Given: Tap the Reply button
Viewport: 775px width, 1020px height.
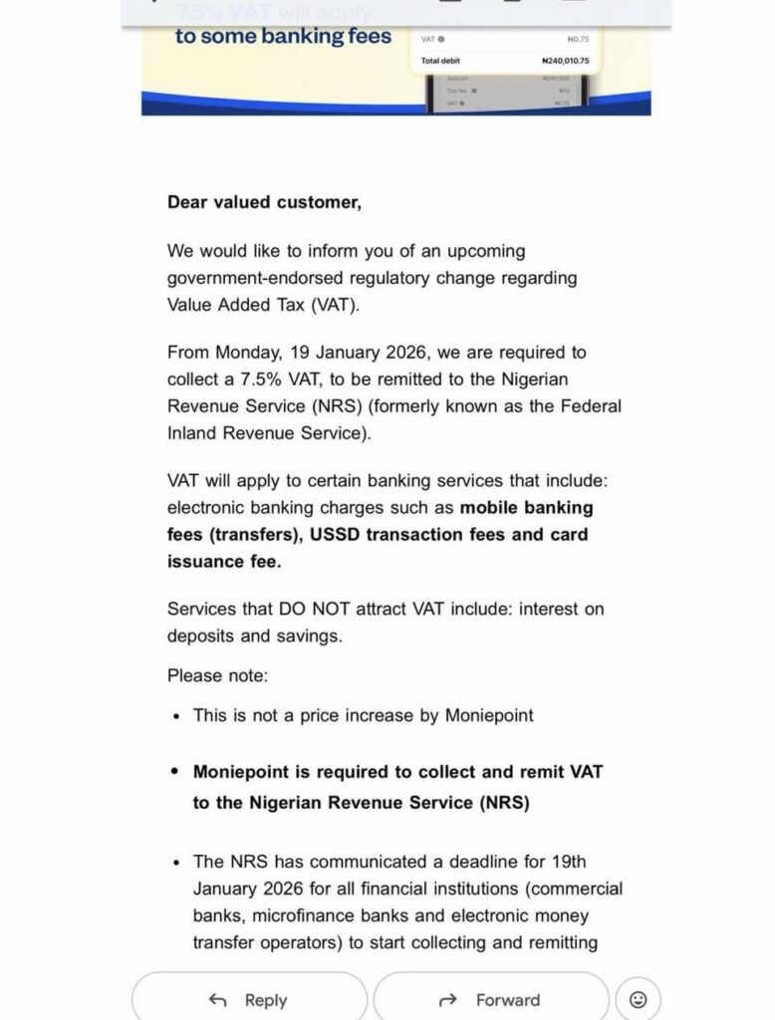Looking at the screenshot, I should (x=249, y=999).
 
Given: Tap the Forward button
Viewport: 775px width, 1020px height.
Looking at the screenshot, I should (x=491, y=999).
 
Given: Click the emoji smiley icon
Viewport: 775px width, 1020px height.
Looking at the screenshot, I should (x=639, y=999).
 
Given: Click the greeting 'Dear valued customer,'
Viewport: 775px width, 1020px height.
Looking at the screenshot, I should (x=264, y=202).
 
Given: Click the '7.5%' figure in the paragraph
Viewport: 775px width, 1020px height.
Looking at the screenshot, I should (x=250, y=380).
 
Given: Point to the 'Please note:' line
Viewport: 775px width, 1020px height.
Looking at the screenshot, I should (x=217, y=675).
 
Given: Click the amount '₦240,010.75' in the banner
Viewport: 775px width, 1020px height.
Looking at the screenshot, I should (x=559, y=61).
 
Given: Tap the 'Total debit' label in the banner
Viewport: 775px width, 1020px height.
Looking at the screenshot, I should (x=441, y=61).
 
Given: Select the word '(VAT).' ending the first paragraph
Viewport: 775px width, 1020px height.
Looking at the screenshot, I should (x=334, y=305).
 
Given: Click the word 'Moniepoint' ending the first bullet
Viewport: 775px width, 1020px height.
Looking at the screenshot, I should (x=488, y=715).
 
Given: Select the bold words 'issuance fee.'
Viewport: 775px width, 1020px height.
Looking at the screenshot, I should (x=224, y=561).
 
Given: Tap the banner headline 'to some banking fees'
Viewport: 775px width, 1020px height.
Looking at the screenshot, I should (x=283, y=38).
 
